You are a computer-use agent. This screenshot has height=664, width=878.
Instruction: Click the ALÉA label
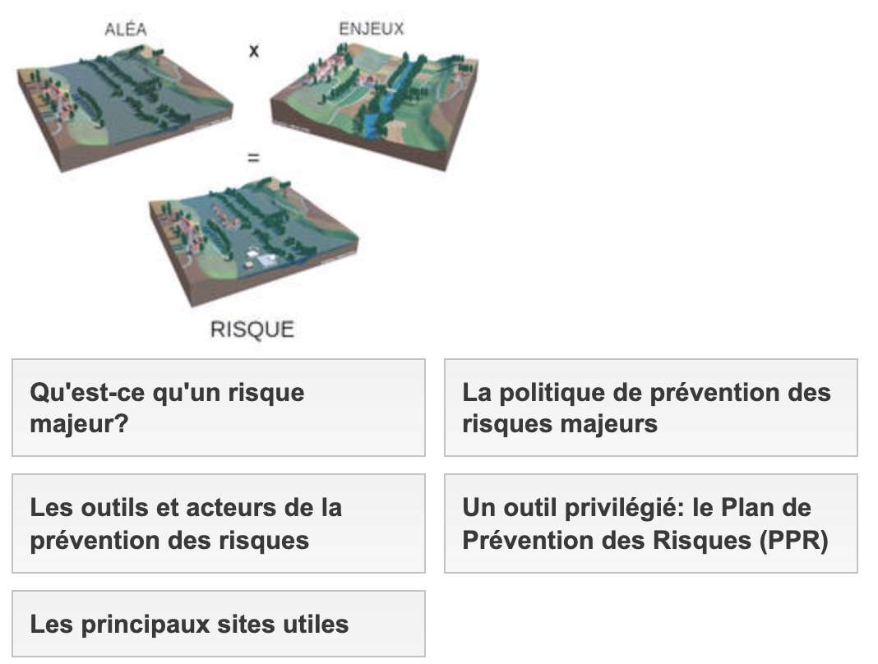pyautogui.click(x=126, y=29)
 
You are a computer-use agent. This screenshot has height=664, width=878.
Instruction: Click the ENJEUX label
pyautogui.click(x=372, y=29)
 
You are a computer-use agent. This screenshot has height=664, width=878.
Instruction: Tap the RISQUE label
pyautogui.click(x=252, y=330)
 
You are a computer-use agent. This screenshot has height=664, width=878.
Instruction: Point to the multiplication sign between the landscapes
pyautogui.click(x=254, y=52)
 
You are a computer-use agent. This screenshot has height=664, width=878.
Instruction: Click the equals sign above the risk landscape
pyautogui.click(x=254, y=159)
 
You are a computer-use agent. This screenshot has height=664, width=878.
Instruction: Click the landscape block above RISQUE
pyautogui.click(x=253, y=240)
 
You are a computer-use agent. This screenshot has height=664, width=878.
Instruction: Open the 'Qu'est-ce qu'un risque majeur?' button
pyautogui.click(x=219, y=408)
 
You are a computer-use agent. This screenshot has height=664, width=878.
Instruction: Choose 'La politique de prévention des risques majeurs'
pyautogui.click(x=650, y=408)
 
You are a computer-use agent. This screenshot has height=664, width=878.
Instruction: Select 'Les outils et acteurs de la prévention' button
pyautogui.click(x=219, y=523)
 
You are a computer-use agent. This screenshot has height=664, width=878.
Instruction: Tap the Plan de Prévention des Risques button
pyautogui.click(x=650, y=523)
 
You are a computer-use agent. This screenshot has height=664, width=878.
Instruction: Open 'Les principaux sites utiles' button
pyautogui.click(x=219, y=624)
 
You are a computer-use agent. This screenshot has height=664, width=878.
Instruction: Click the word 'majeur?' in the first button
pyautogui.click(x=79, y=424)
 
